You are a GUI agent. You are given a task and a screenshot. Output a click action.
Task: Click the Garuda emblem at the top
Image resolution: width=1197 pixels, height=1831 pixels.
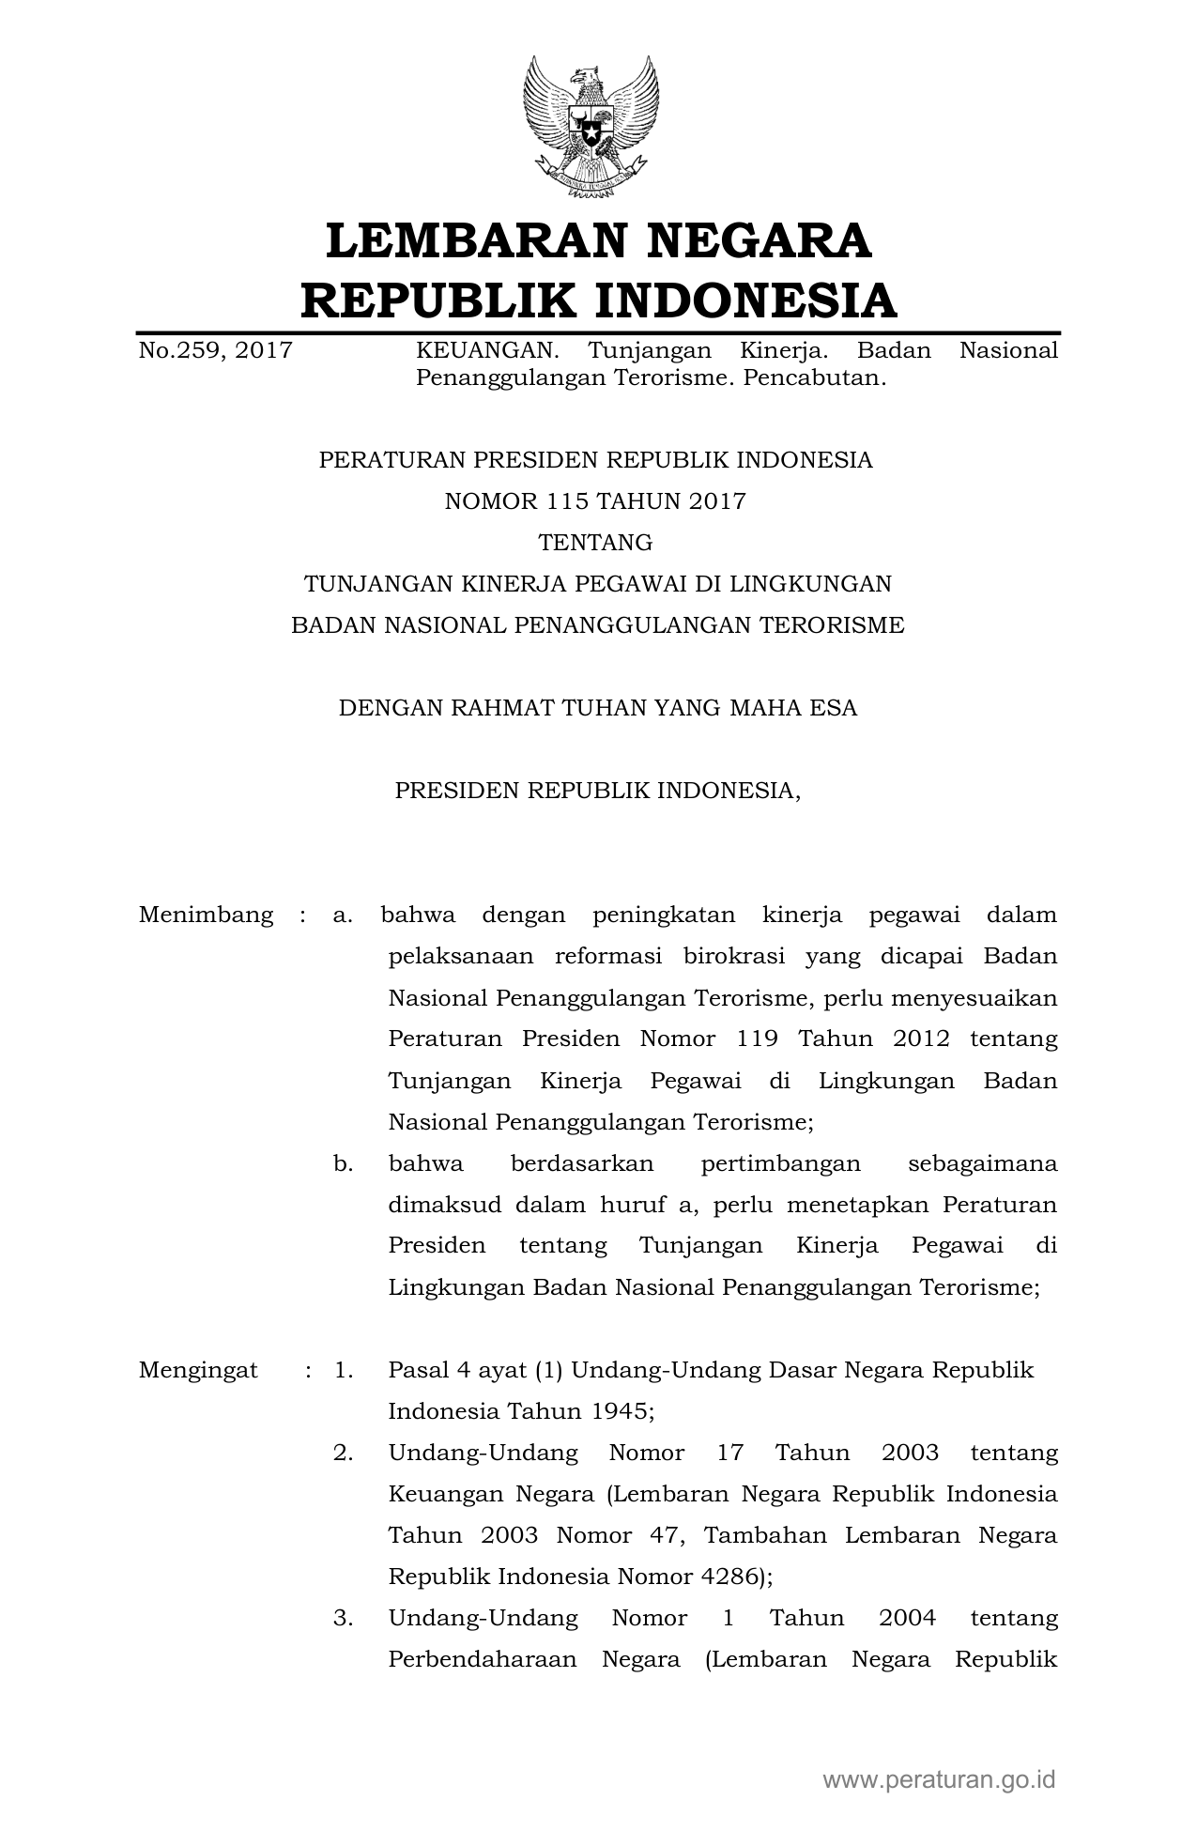pyautogui.click(x=591, y=126)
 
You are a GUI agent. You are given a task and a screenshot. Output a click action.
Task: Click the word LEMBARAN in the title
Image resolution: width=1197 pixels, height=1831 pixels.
pyautogui.click(x=474, y=239)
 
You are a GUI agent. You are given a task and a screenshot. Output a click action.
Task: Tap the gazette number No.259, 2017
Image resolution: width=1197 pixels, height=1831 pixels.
pyautogui.click(x=215, y=351)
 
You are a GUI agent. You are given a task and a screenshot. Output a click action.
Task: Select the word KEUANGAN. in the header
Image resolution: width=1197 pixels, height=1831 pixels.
pyautogui.click(x=487, y=351)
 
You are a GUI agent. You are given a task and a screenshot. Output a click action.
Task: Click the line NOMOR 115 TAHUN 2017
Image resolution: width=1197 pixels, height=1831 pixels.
pyautogui.click(x=595, y=501)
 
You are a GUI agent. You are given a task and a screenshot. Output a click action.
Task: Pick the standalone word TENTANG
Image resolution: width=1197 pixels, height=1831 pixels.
pyautogui.click(x=595, y=543)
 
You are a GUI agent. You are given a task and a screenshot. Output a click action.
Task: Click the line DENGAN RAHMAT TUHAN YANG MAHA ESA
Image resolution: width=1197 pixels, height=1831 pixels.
pyautogui.click(x=598, y=708)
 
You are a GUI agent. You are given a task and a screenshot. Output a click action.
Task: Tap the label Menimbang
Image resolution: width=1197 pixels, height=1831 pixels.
pyautogui.click(x=206, y=915)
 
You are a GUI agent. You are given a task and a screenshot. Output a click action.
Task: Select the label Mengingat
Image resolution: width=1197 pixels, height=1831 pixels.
pyautogui.click(x=198, y=1370)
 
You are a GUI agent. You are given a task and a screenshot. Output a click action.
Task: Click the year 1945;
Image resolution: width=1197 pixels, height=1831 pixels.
pyautogui.click(x=623, y=1411)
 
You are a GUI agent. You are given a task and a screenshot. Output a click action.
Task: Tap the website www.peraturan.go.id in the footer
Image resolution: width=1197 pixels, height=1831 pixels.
pyautogui.click(x=940, y=1778)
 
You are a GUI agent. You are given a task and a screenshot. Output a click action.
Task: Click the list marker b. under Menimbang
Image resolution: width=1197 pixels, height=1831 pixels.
pyautogui.click(x=343, y=1163)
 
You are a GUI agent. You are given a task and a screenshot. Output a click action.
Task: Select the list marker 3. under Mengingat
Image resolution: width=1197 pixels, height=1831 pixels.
pyautogui.click(x=343, y=1618)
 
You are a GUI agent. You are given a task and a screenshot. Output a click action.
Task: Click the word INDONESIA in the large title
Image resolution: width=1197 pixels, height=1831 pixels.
pyautogui.click(x=746, y=300)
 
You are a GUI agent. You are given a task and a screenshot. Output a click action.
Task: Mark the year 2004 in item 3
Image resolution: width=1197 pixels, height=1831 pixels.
pyautogui.click(x=907, y=1618)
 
